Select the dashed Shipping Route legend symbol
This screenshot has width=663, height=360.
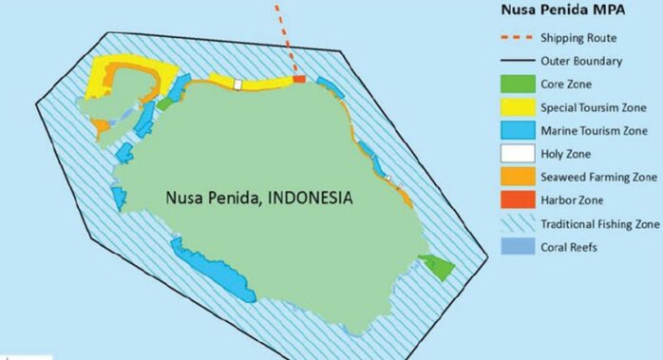pos(516,38)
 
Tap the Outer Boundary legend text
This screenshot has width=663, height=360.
pos(581,62)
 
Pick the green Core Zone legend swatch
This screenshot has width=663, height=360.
pos(516,84)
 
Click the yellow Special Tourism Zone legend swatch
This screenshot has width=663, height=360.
pos(516,107)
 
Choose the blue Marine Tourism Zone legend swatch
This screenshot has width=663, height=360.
pos(516,131)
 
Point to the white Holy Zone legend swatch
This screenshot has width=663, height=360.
pos(516,154)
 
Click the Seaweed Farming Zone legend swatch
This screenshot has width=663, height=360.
pos(516,178)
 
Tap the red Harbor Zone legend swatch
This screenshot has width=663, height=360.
pos(516,200)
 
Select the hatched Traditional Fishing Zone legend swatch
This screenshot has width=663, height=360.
pos(516,224)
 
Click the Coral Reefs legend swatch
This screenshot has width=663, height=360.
pos(516,248)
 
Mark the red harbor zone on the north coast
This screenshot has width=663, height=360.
pos(299,79)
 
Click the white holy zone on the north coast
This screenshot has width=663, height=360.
pos(238,85)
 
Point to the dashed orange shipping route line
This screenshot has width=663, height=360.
pos(286,38)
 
